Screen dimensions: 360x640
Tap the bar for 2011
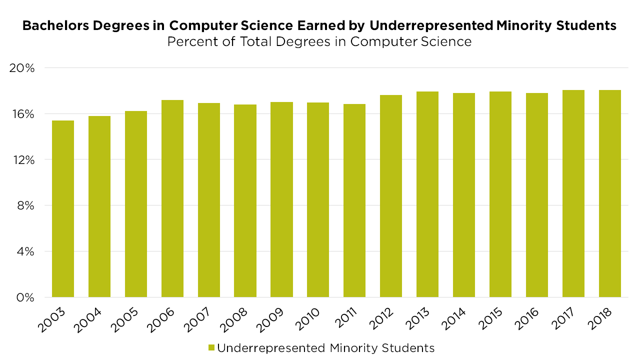click(x=354, y=200)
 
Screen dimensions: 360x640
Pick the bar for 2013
click(x=427, y=194)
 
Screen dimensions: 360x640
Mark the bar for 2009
click(x=281, y=199)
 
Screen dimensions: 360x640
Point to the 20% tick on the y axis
click(x=22, y=68)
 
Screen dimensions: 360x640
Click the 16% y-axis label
click(x=22, y=114)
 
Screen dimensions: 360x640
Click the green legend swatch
click(x=211, y=347)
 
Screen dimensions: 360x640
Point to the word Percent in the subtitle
click(x=189, y=41)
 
